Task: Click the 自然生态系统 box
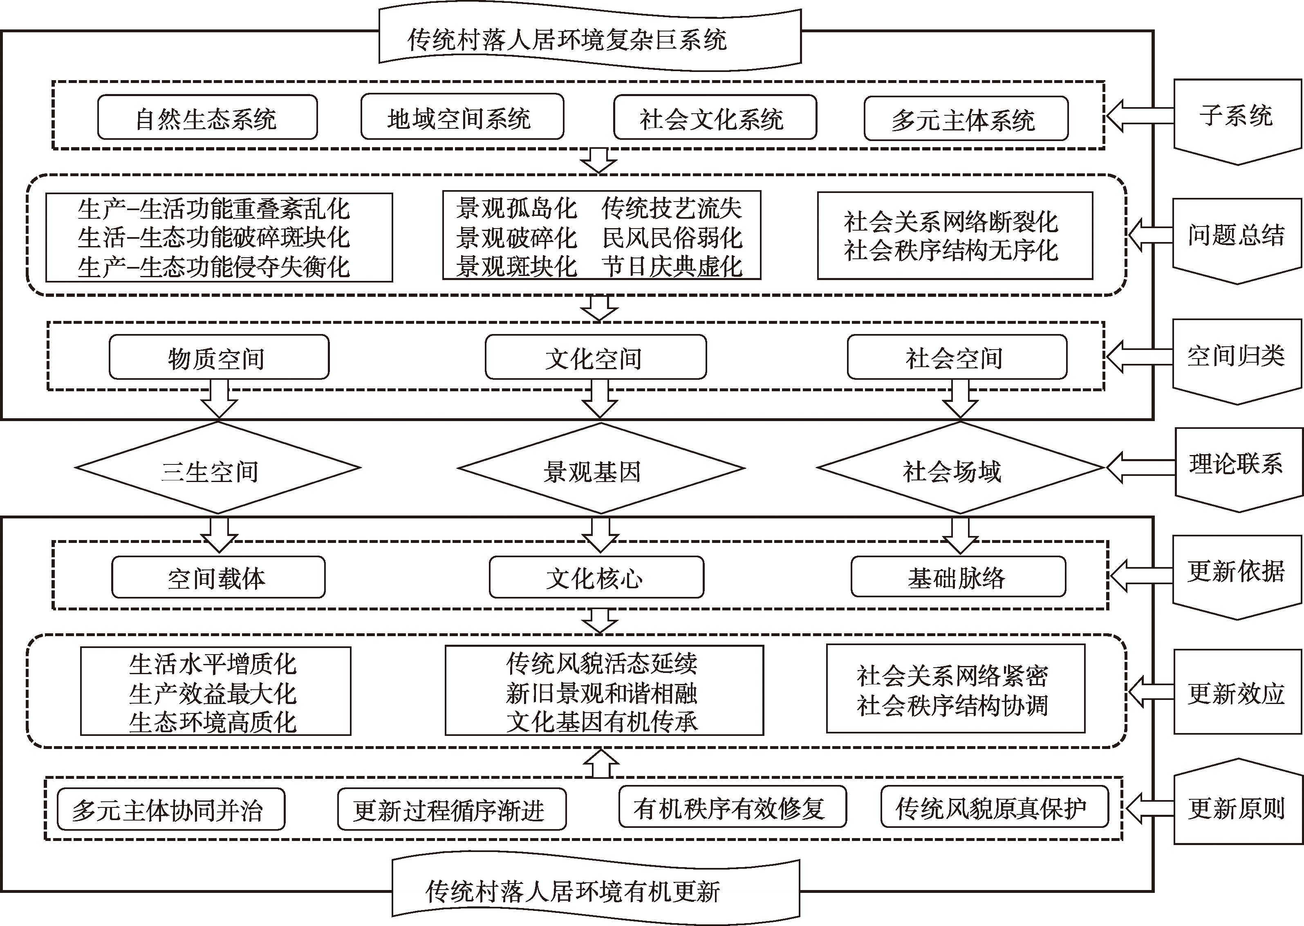(207, 117)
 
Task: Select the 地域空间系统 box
(462, 117)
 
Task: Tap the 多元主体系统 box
(966, 119)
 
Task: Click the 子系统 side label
(1237, 117)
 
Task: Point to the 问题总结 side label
(1237, 235)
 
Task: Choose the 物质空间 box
(219, 357)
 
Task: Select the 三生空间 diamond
(218, 469)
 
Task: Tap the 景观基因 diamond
(601, 469)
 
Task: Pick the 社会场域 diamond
(960, 469)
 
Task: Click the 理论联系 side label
(1237, 464)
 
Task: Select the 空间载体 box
(218, 577)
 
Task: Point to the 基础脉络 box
(958, 577)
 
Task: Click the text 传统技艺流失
(672, 208)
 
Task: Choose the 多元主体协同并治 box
(170, 809)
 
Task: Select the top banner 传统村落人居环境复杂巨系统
(570, 39)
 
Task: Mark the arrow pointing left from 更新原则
(1148, 809)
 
